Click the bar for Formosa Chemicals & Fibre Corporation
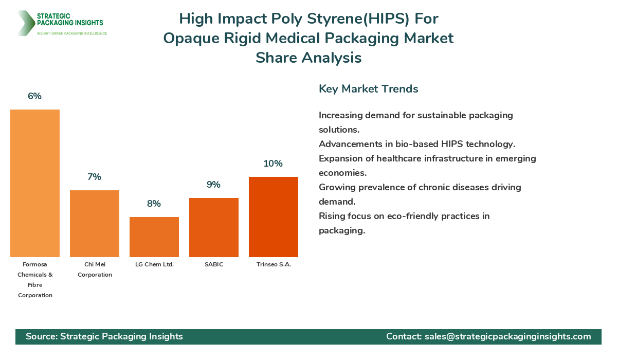(x=35, y=183)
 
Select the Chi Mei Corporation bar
(x=95, y=224)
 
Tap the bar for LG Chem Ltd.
(x=154, y=237)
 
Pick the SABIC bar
(x=214, y=227)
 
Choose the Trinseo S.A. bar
(x=274, y=217)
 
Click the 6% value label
(x=35, y=96)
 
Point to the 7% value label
(x=95, y=177)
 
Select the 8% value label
(x=154, y=204)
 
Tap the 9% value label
(x=214, y=185)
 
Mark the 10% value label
(x=274, y=164)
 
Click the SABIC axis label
(x=214, y=264)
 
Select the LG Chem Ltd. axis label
(x=154, y=264)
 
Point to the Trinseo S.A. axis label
(x=274, y=264)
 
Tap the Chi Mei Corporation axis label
(x=95, y=269)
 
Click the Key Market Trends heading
(x=368, y=88)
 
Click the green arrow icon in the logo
(x=25, y=23)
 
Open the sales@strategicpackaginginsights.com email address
(x=507, y=336)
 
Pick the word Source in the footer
(x=41, y=336)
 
